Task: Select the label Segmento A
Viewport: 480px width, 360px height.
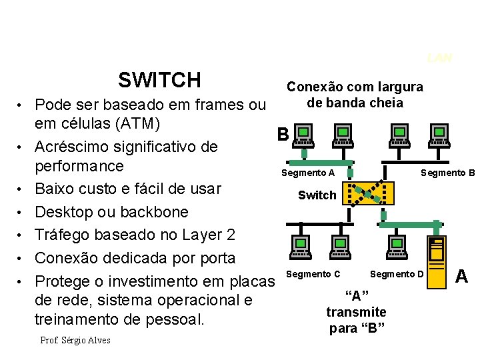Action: click(x=308, y=173)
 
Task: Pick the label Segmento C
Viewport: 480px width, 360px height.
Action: click(x=313, y=274)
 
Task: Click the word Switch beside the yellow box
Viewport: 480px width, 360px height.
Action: click(x=317, y=195)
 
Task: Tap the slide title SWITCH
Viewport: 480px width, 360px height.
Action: click(x=159, y=81)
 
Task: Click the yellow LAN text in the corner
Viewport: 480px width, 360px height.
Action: click(x=440, y=58)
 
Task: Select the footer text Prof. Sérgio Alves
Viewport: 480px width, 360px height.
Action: click(x=75, y=341)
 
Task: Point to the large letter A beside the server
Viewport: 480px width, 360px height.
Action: click(x=461, y=275)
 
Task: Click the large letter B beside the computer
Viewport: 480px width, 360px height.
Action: click(x=283, y=135)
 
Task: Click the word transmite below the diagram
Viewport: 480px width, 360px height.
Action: click(x=356, y=312)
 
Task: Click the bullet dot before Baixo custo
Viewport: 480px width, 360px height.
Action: click(x=22, y=189)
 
